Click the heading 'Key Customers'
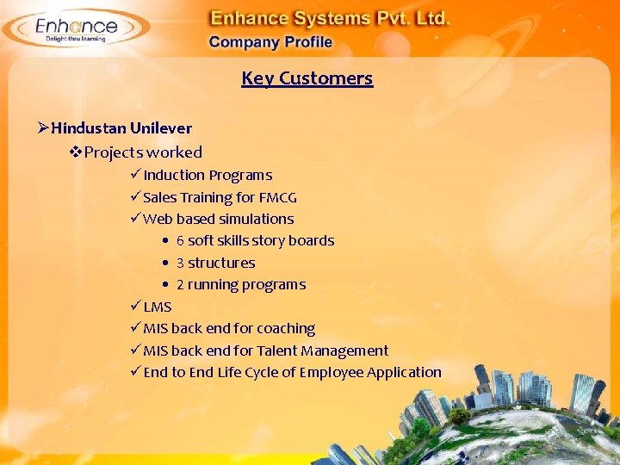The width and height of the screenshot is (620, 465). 307,78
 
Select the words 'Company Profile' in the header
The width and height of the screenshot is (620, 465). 270,42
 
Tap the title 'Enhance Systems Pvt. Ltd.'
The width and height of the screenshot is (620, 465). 331,17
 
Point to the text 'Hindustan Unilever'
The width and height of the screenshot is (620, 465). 121,128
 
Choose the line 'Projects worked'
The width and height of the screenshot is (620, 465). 144,152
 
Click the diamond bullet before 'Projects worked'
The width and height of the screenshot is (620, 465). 76,152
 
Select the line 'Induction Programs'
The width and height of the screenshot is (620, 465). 208,176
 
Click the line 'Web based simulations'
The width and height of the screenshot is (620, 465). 219,219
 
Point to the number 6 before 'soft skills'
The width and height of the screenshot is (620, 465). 180,241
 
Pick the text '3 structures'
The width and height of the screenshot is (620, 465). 215,263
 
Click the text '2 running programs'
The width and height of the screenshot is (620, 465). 240,285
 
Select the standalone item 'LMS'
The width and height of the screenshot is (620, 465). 158,307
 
